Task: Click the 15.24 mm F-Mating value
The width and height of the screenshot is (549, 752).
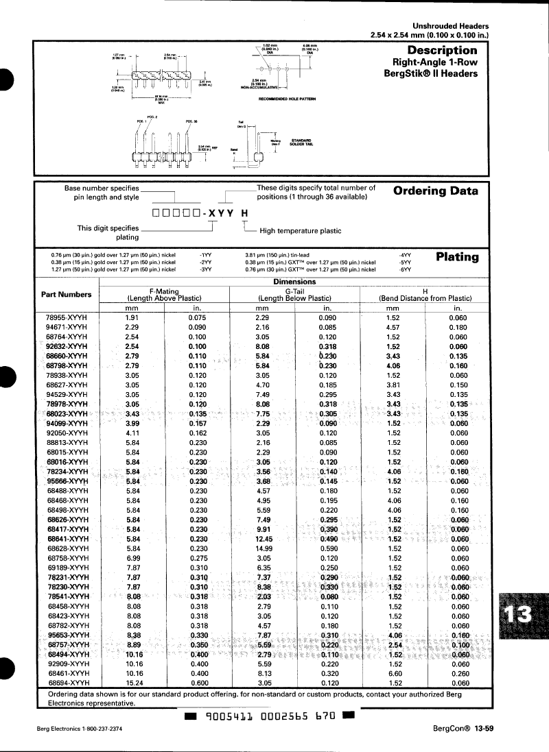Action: coord(132,683)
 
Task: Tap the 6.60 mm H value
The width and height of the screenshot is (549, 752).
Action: coord(393,673)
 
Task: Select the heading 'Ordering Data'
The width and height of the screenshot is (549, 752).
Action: coord(435,191)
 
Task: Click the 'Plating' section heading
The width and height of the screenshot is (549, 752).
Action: coord(457,256)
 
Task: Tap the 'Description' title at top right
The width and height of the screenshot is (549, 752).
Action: coord(442,50)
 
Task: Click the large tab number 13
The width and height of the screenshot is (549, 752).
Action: coord(520,614)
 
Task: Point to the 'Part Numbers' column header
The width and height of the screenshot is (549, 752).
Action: coord(67,294)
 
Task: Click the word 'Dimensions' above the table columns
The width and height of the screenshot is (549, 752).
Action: coord(294,282)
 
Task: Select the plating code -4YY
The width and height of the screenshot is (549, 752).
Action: coord(406,254)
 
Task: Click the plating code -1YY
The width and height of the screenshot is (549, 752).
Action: coord(205,254)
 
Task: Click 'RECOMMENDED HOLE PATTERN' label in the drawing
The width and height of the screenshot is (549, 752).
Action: coord(287,99)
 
